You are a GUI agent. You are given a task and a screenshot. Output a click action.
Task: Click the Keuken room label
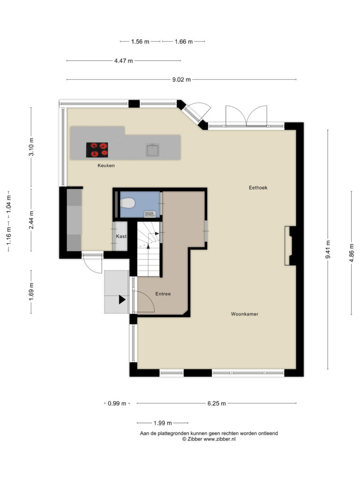click(106, 165)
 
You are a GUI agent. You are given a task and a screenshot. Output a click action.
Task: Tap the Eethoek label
click(258, 187)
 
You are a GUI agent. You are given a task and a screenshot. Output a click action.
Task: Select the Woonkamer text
click(245, 314)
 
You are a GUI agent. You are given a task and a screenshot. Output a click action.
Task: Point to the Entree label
click(163, 293)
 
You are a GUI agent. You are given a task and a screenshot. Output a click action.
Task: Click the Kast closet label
click(121, 236)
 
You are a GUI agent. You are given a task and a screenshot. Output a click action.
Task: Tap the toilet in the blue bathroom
click(127, 202)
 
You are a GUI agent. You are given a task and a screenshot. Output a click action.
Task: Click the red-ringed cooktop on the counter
click(97, 150)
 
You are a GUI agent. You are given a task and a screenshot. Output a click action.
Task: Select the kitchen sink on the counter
click(152, 150)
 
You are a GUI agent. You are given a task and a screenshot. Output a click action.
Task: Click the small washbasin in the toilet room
click(150, 214)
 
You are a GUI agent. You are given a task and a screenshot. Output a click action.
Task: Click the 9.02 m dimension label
click(181, 80)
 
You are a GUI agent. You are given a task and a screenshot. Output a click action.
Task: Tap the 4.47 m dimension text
click(124, 60)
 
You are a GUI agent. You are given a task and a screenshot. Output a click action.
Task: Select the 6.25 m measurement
click(217, 403)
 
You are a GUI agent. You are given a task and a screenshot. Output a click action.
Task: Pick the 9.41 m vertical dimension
click(328, 249)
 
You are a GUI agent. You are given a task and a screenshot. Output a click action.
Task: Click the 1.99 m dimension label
click(163, 423)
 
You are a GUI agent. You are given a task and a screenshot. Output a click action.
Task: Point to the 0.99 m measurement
click(117, 403)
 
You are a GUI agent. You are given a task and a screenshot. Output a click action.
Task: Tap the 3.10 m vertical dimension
click(31, 147)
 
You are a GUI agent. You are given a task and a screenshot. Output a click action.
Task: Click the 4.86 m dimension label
click(352, 253)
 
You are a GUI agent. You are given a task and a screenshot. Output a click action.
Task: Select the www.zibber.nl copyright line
click(209, 439)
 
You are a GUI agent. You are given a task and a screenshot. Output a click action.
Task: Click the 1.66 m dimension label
click(184, 41)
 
